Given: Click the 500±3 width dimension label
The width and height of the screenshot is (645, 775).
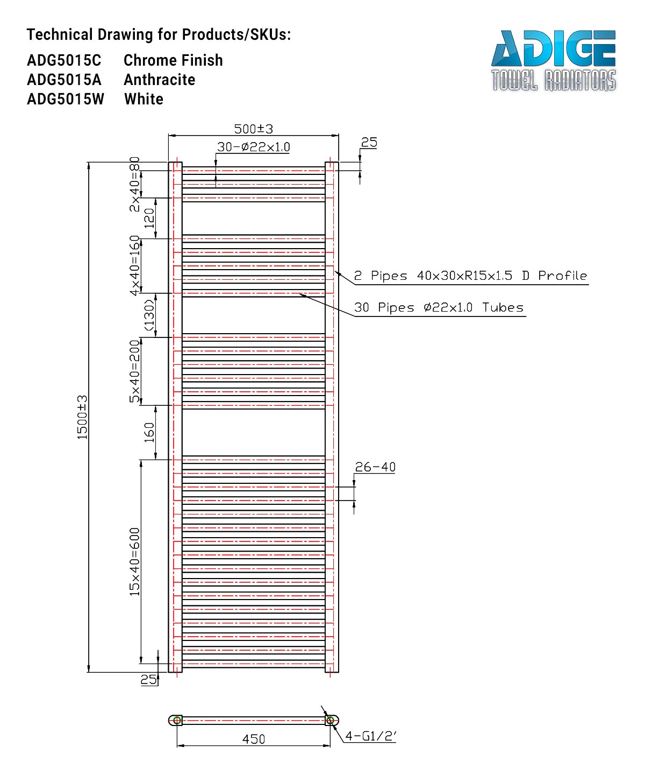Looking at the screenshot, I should [x=253, y=129].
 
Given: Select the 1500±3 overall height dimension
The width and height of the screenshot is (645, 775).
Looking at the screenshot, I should [x=82, y=417].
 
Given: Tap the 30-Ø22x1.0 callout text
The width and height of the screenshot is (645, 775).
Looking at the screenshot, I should [x=253, y=147].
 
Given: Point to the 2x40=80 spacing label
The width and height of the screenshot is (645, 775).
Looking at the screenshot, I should [x=134, y=184].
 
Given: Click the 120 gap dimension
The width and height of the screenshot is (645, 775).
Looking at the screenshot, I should [x=149, y=218].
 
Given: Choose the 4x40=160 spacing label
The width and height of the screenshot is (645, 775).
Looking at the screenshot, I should [x=134, y=265].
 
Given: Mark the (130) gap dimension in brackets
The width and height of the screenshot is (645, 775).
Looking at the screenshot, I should [x=149, y=315].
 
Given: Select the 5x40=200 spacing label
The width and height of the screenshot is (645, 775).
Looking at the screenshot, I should [x=134, y=371].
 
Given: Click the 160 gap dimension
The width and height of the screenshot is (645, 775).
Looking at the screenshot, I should [x=149, y=432].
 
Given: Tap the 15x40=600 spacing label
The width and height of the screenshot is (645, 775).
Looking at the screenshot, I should [x=134, y=561].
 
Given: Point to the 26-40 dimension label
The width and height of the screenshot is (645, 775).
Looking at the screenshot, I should [x=375, y=467].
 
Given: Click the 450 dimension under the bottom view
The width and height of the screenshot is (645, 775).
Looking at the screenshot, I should [x=253, y=739].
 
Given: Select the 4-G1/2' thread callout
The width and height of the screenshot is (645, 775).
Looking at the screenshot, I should [x=370, y=736].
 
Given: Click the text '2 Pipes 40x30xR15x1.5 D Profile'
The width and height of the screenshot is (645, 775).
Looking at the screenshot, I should [x=470, y=276].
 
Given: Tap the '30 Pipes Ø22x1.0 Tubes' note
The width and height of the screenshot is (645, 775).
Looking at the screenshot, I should [x=439, y=307].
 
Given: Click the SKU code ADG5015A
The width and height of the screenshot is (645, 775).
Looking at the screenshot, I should [x=64, y=80].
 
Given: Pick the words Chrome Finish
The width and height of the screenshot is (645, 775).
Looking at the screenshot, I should [x=173, y=60].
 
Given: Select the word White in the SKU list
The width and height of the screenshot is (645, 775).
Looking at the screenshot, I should [x=144, y=99].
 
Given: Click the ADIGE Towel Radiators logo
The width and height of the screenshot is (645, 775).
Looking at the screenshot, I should [x=553, y=60].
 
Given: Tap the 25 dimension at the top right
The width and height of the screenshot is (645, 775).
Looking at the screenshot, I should [x=369, y=143].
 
